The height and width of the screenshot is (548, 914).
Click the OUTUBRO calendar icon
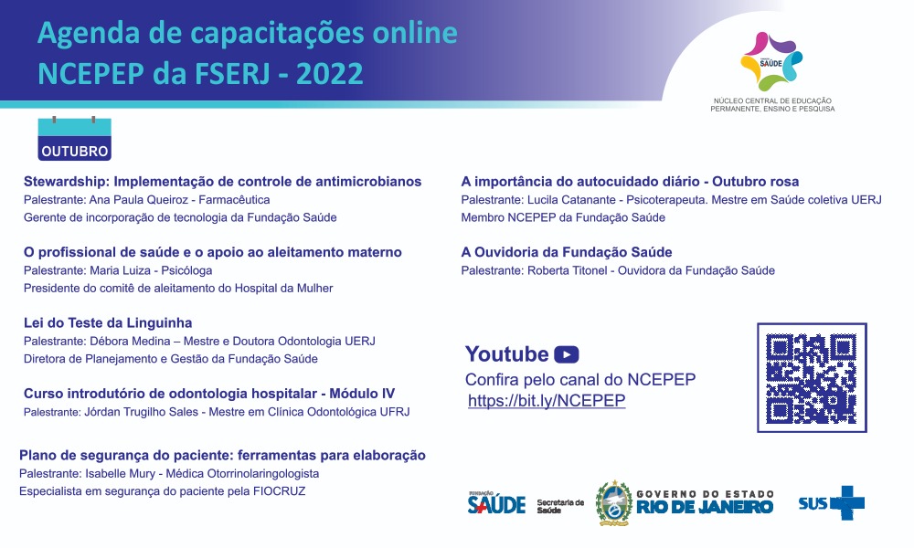click(x=75, y=139)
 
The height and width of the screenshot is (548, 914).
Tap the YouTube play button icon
click(x=566, y=354)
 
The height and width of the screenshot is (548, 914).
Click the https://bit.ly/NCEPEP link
click(x=547, y=401)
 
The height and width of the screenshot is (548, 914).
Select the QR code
click(x=812, y=378)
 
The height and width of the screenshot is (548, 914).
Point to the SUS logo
click(x=831, y=502)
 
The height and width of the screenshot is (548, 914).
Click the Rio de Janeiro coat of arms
click(x=614, y=503)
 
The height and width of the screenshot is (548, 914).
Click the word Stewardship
click(x=67, y=182)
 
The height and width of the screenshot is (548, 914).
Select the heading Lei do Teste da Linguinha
click(x=108, y=322)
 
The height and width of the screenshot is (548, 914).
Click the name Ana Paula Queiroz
click(x=139, y=200)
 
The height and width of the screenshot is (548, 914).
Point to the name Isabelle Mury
click(x=120, y=473)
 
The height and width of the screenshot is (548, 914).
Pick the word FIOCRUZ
click(x=279, y=491)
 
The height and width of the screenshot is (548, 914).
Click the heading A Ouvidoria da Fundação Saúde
click(x=567, y=252)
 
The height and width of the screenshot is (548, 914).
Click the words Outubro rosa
click(x=756, y=182)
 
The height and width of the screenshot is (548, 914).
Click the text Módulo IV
click(x=362, y=394)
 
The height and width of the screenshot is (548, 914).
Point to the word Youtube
click(x=506, y=354)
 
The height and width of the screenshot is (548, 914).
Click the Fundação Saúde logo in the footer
click(x=496, y=502)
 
